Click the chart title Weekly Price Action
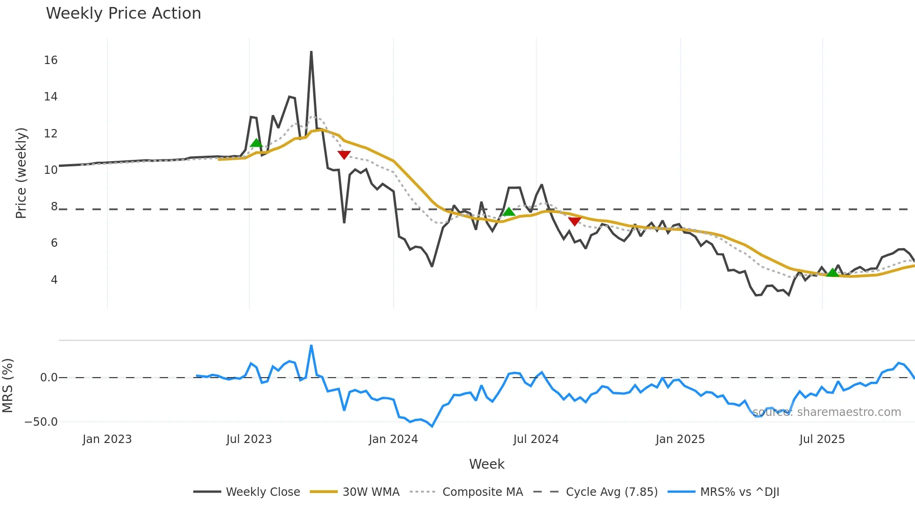click(x=123, y=14)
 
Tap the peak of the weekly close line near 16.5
click(x=311, y=52)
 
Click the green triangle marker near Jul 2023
click(x=256, y=143)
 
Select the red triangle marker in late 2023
click(x=344, y=155)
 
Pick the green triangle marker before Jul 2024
click(x=509, y=212)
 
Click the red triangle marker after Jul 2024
click(x=575, y=221)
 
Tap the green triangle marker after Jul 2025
click(x=832, y=272)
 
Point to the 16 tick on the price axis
click(x=50, y=60)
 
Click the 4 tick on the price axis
click(x=54, y=280)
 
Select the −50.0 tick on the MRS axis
click(x=41, y=422)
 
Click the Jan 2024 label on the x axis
click(x=393, y=439)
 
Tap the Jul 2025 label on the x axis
click(x=822, y=439)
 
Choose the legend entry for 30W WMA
click(x=371, y=492)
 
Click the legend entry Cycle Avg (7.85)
click(x=611, y=492)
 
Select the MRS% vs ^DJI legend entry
click(x=739, y=492)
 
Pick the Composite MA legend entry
click(x=482, y=492)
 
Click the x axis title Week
click(x=486, y=464)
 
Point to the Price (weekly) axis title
click(x=21, y=173)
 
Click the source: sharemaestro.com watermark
click(x=826, y=412)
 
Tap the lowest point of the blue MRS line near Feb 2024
click(x=432, y=426)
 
